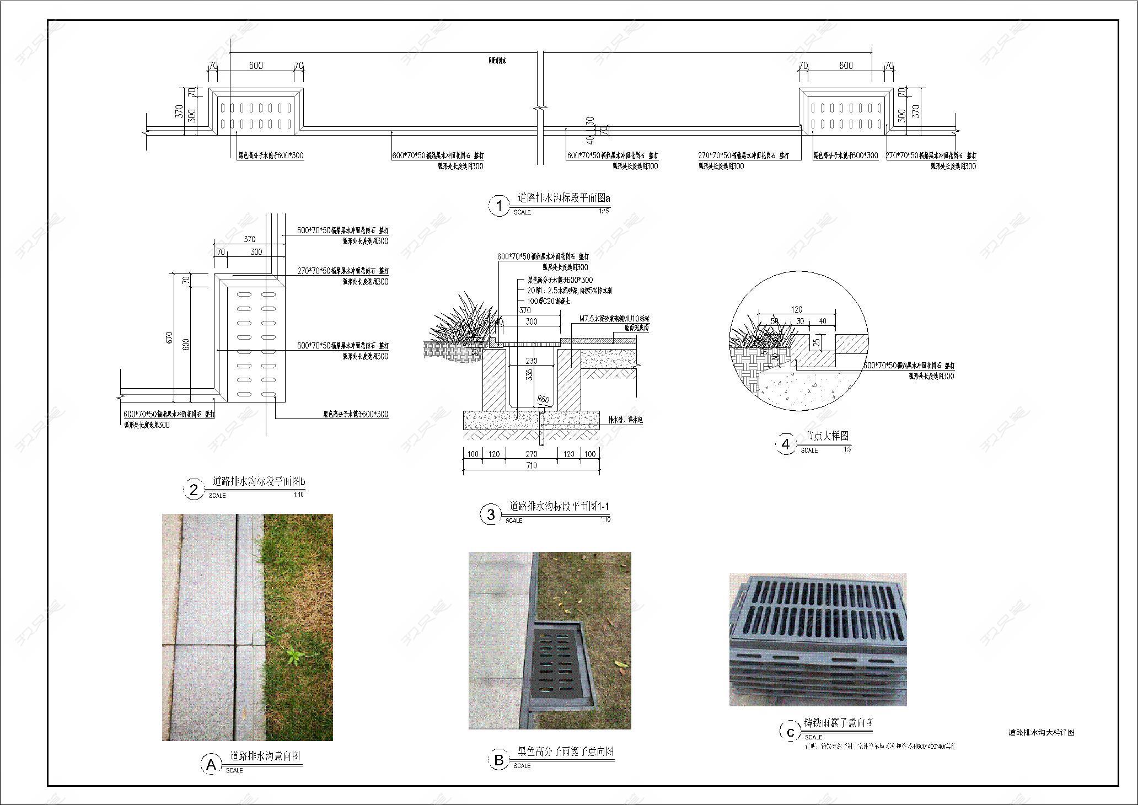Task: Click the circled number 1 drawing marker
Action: click(499, 206)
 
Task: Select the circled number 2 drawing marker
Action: click(194, 490)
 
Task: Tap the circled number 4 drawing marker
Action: click(786, 444)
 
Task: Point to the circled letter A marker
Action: click(211, 765)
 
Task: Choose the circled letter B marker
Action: click(499, 760)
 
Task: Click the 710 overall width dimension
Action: click(531, 465)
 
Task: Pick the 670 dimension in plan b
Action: click(170, 337)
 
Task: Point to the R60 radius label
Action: click(544, 399)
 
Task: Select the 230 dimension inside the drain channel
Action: click(531, 361)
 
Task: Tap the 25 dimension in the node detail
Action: click(817, 342)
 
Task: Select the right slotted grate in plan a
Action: click(846, 115)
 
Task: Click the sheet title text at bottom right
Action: click(1041, 733)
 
